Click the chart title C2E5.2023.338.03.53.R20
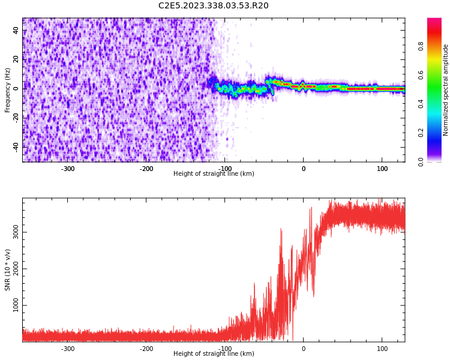click(213, 6)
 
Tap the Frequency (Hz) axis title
click(8, 90)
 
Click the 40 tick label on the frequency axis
click(16, 31)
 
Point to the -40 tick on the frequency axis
click(16, 146)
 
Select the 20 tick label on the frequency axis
click(16, 59)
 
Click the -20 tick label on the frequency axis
click(16, 118)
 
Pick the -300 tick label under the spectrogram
click(68, 169)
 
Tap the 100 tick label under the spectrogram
click(382, 169)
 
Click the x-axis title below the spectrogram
click(214, 174)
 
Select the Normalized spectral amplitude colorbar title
click(446, 90)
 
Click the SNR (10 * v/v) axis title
click(8, 270)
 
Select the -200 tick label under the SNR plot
click(146, 349)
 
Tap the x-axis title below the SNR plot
click(214, 354)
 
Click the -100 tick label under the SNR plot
click(225, 349)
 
